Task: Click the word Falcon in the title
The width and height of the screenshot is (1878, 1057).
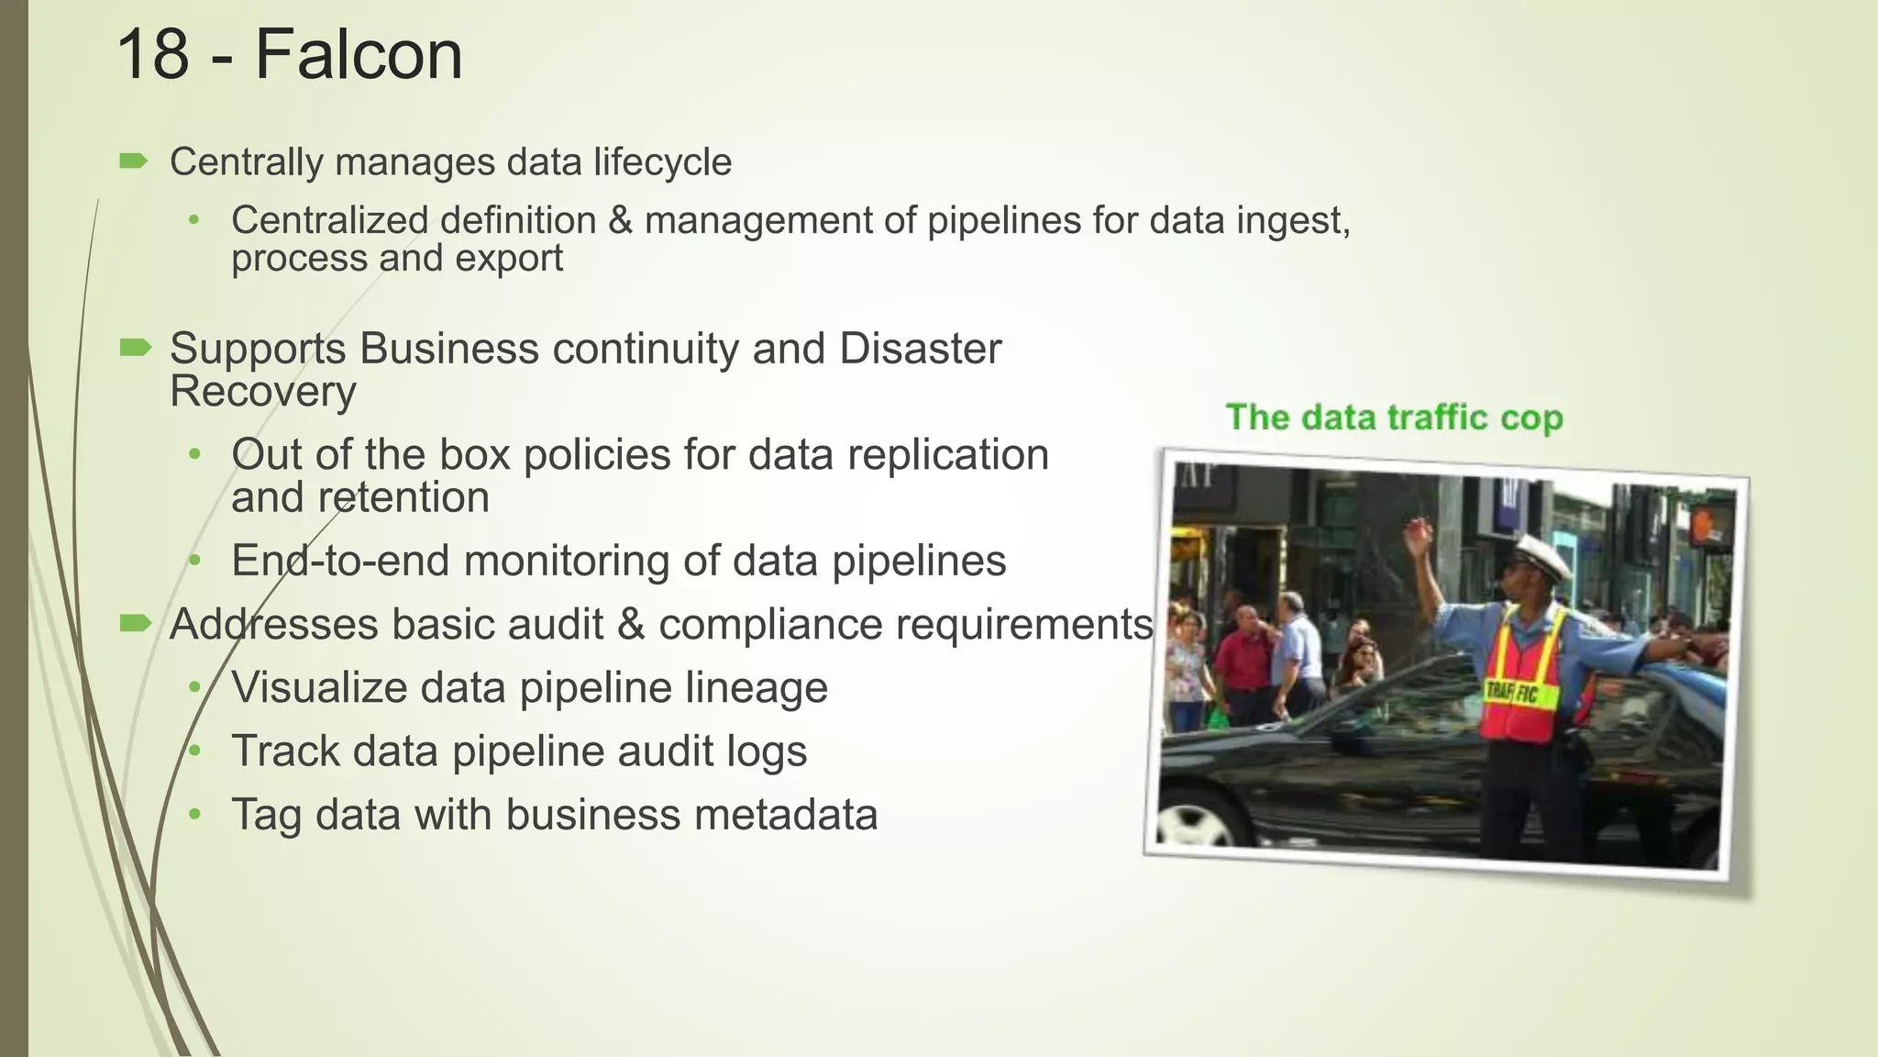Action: (x=359, y=55)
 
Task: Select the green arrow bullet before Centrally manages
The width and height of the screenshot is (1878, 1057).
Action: (x=134, y=162)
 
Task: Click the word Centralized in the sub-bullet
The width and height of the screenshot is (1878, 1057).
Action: (x=329, y=220)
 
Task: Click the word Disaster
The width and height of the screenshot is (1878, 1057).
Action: (x=920, y=350)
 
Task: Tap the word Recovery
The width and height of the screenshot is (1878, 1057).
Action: (x=263, y=393)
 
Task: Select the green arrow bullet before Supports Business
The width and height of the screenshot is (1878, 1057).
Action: (x=135, y=348)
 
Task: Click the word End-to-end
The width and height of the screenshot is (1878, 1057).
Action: (x=340, y=562)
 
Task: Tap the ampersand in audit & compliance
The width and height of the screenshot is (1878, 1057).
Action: (x=631, y=626)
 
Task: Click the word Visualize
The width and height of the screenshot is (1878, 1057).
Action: (x=318, y=688)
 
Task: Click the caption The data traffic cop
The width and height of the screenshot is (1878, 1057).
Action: (x=1394, y=418)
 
